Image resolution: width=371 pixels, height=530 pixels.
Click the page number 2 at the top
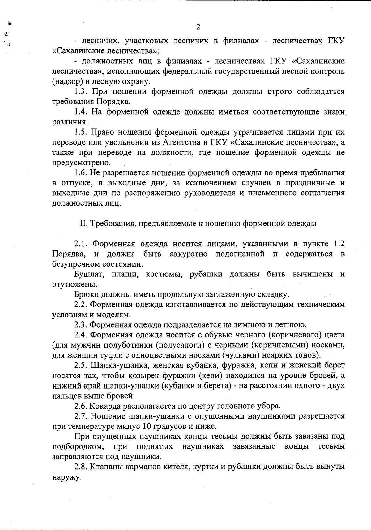point(198,27)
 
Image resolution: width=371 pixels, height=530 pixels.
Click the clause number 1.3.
point(82,92)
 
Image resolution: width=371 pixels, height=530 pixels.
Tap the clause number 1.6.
point(82,173)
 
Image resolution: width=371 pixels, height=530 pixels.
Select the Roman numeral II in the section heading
point(83,224)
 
